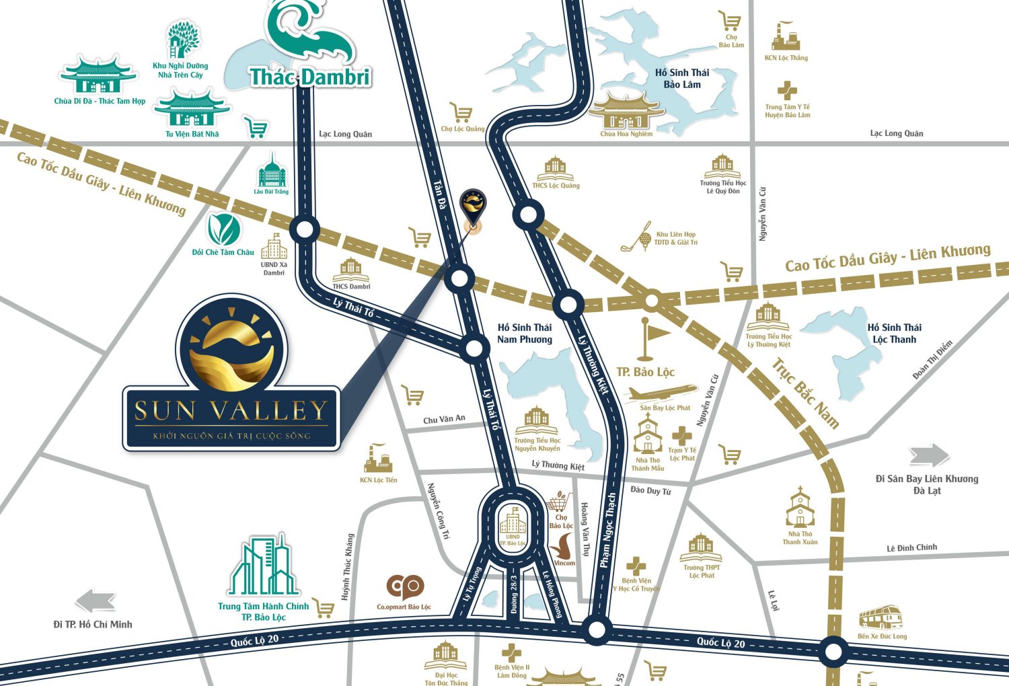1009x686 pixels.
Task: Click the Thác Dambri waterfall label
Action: (310, 77)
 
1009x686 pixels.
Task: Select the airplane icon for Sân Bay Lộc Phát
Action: (663, 393)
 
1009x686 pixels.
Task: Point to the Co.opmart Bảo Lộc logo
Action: (404, 588)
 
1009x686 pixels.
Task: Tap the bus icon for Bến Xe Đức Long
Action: (881, 617)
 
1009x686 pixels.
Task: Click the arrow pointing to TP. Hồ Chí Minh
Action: (96, 601)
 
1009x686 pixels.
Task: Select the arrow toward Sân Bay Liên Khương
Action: (929, 455)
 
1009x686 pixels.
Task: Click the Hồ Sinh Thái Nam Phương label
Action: (524, 334)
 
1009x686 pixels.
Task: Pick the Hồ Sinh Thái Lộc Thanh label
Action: (894, 334)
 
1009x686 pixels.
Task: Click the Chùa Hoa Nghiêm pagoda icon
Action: (626, 111)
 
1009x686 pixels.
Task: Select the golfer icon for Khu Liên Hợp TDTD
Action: (636, 237)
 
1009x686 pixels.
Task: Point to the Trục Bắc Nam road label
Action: (805, 394)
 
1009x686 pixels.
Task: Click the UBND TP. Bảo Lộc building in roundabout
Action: (513, 521)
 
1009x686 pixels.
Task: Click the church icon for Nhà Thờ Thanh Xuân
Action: (800, 508)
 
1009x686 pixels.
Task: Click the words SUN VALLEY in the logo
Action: (231, 411)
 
